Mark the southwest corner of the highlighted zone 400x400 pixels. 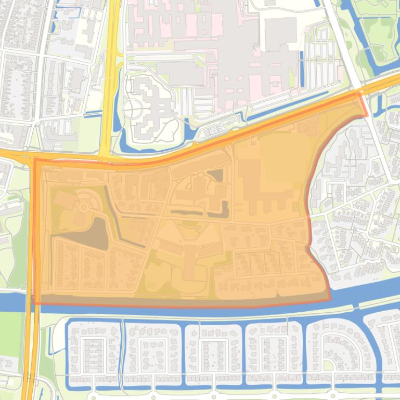pos(35,302)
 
